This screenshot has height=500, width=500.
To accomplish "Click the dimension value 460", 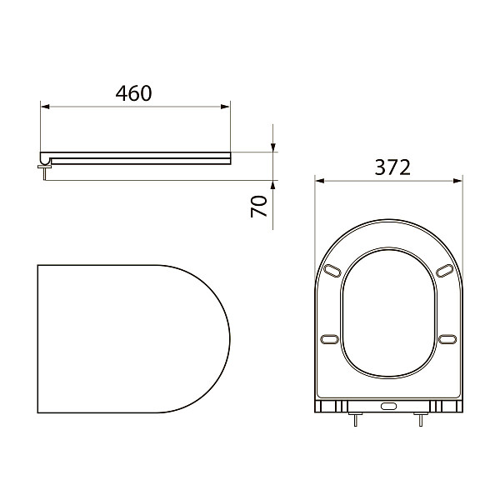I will coord(133,92).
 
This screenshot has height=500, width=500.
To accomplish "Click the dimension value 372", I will coord(392,167).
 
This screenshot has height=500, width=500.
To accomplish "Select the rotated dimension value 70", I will coord(260,206).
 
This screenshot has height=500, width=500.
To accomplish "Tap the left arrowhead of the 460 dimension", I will coord(46,106).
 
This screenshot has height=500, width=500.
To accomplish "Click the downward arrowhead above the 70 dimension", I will coord(273,147).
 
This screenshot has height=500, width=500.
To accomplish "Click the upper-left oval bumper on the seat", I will coord(332,271).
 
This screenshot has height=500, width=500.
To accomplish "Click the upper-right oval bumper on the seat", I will coord(444,271).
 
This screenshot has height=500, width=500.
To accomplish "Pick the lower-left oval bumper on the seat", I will coord(329,337).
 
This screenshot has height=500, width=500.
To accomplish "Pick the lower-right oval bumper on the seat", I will coord(447,337).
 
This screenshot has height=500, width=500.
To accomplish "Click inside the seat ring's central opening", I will coord(388,312).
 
